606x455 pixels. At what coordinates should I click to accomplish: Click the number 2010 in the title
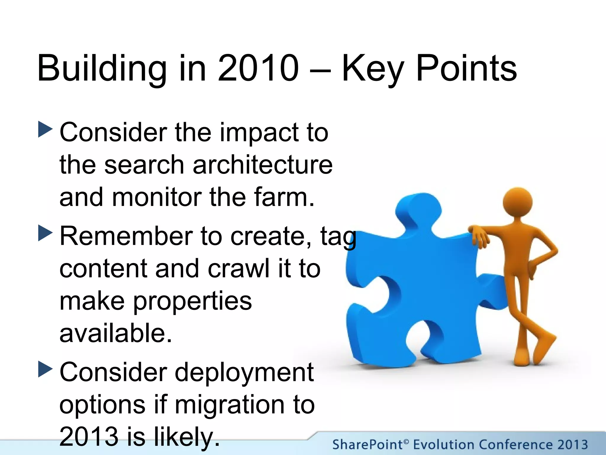pyautogui.click(x=258, y=68)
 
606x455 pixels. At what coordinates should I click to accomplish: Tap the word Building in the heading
pyautogui.click(x=102, y=69)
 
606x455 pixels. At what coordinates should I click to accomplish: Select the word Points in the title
pyautogui.click(x=466, y=69)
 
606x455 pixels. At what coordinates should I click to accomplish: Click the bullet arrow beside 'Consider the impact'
pyautogui.click(x=45, y=129)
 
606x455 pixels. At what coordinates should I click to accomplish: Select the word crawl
pyautogui.click(x=238, y=268)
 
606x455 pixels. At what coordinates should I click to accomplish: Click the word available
pyautogui.click(x=115, y=333)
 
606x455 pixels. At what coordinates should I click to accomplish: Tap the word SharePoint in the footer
pyautogui.click(x=367, y=445)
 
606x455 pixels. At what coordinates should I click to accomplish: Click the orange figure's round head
pyautogui.click(x=518, y=202)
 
